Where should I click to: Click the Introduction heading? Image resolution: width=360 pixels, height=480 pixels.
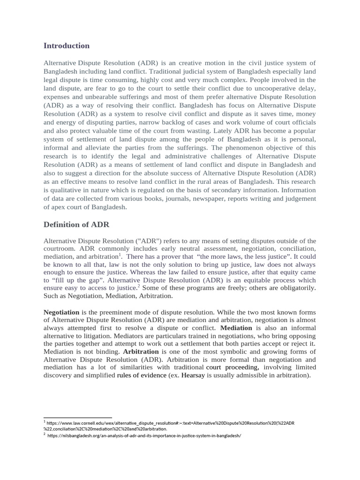[66, 46]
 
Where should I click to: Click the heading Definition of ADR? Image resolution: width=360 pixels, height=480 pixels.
[76, 225]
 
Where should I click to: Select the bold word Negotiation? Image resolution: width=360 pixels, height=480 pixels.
[61, 312]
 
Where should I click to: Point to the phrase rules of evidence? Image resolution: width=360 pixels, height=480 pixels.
[142, 375]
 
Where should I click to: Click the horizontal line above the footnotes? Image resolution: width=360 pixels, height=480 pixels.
[78, 417]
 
